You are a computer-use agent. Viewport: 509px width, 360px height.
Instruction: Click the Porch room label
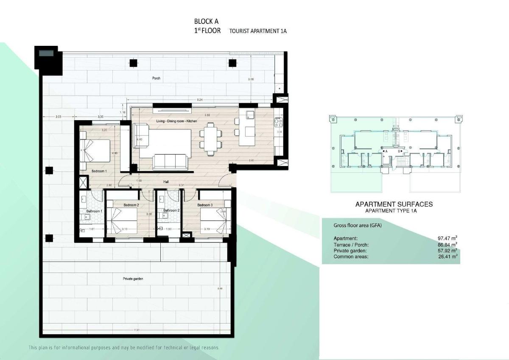click(x=157, y=78)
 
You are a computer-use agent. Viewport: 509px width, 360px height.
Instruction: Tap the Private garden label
click(x=133, y=279)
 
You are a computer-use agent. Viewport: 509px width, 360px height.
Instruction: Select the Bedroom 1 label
click(x=99, y=171)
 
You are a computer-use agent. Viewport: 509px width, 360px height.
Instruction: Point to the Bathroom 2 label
click(x=172, y=210)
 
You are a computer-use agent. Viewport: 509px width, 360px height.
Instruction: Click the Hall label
click(x=167, y=182)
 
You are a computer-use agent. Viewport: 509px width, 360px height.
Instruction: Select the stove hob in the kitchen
click(x=279, y=123)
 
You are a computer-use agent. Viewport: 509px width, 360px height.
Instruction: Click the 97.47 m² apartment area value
click(x=447, y=238)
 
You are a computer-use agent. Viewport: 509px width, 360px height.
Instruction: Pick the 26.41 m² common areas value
click(x=447, y=256)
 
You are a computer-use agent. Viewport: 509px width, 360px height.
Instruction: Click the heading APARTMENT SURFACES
click(x=394, y=204)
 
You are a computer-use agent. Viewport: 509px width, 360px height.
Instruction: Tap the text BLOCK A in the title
click(x=206, y=21)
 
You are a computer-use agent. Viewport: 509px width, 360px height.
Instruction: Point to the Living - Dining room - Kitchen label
click(x=176, y=121)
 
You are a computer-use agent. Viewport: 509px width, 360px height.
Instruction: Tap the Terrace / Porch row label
click(x=351, y=245)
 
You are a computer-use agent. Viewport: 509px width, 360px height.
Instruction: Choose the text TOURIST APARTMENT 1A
click(x=258, y=31)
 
